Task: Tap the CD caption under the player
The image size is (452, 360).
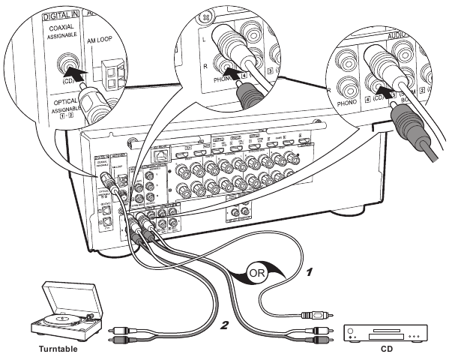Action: pos(383,348)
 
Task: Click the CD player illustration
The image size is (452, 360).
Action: pos(383,330)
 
